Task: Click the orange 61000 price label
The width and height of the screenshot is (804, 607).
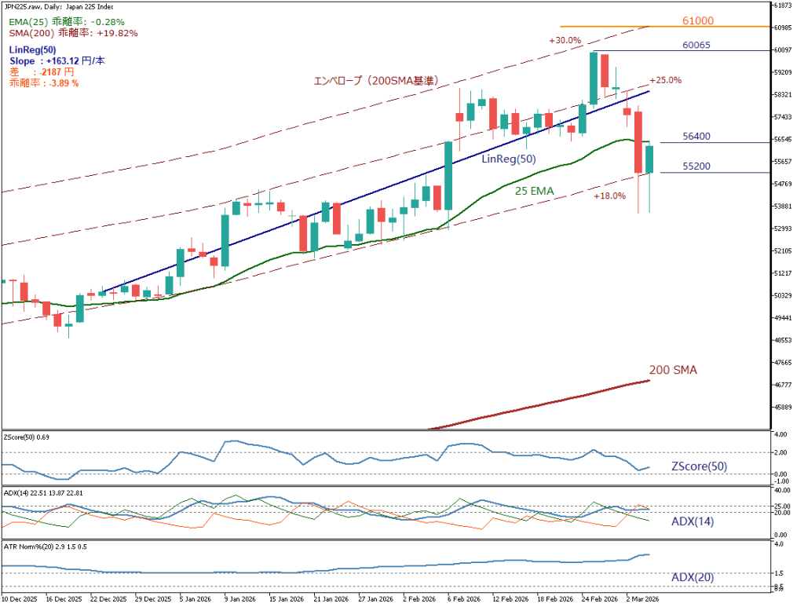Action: pos(697,20)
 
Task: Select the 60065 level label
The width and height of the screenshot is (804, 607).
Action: pos(696,45)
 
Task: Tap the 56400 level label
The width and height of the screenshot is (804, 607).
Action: pos(696,136)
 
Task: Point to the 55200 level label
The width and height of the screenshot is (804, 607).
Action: pos(696,166)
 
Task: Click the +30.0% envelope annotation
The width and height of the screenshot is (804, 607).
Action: pos(565,40)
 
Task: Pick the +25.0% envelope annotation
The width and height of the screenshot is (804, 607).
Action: pos(665,79)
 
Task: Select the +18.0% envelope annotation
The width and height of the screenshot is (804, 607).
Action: pos(609,196)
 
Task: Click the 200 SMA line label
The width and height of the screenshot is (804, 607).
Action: pos(673,369)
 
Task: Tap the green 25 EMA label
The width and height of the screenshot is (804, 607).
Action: pos(535,190)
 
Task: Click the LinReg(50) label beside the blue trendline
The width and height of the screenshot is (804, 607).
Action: pos(508,159)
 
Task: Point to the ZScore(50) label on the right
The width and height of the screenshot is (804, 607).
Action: pos(699,466)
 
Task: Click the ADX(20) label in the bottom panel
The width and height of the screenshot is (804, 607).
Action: pos(693,577)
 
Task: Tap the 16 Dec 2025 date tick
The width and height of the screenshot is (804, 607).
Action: pos(64,598)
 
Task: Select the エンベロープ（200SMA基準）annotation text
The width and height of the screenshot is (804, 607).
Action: pos(375,80)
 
